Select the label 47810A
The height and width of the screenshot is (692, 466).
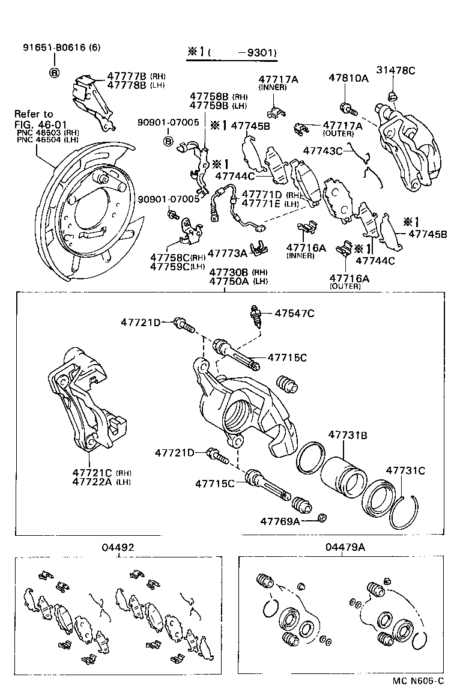pyautogui.click(x=348, y=78)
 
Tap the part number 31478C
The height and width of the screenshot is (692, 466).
pyautogui.click(x=396, y=71)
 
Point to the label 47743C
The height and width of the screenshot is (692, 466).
pyautogui.click(x=322, y=151)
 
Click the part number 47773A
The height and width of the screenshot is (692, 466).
pyautogui.click(x=227, y=254)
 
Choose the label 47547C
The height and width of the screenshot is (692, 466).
pyautogui.click(x=295, y=314)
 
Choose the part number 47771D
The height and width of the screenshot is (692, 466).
pyautogui.click(x=261, y=195)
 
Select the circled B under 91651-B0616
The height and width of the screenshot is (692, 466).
pyautogui.click(x=54, y=73)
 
